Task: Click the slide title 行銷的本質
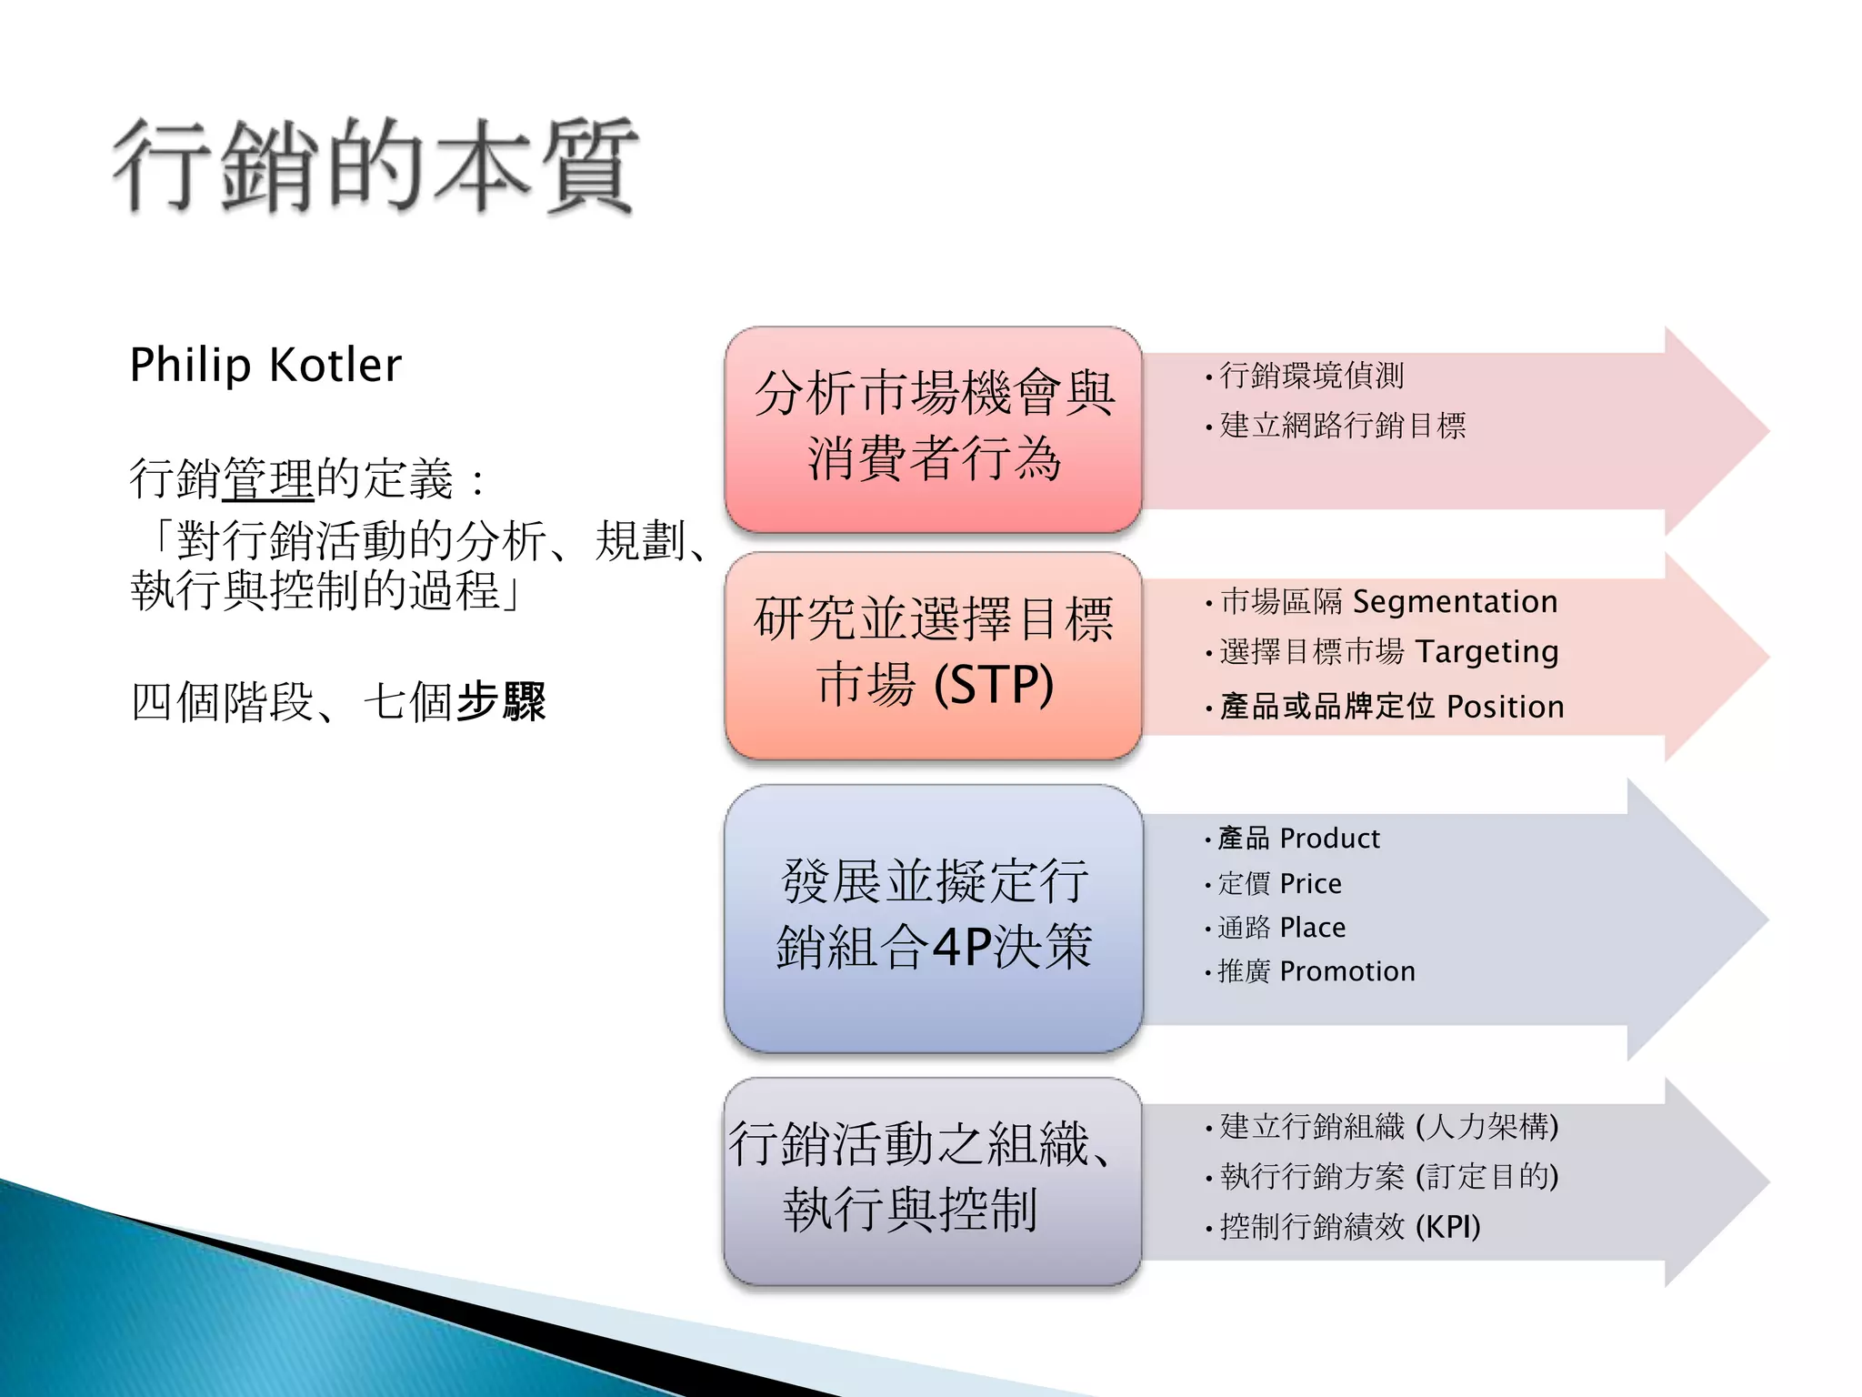[375, 166]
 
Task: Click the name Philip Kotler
[265, 366]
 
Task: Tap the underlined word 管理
[268, 479]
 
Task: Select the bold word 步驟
[500, 702]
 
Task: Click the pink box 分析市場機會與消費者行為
[933, 428]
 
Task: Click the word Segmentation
[1455, 602]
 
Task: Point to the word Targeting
[1487, 652]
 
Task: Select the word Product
[1329, 839]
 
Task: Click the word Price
[1310, 884]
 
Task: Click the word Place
[1312, 928]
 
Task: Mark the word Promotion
[1347, 971]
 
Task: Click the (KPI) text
[1447, 1227]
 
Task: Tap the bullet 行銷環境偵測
[1311, 375]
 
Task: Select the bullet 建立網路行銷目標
[1342, 425]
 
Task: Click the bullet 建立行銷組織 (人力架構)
[1388, 1127]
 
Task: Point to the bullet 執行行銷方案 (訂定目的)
[1388, 1177]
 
